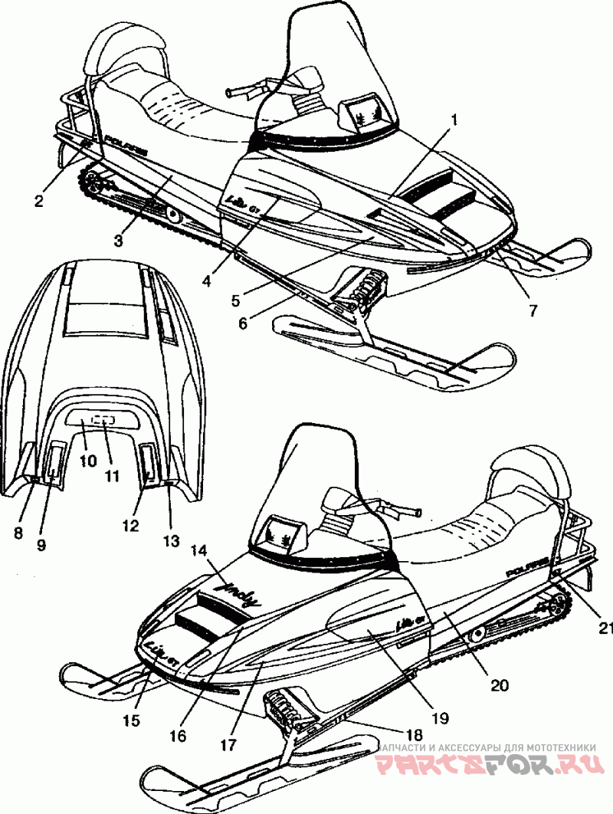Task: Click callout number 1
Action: click(454, 120)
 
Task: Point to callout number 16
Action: click(177, 737)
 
